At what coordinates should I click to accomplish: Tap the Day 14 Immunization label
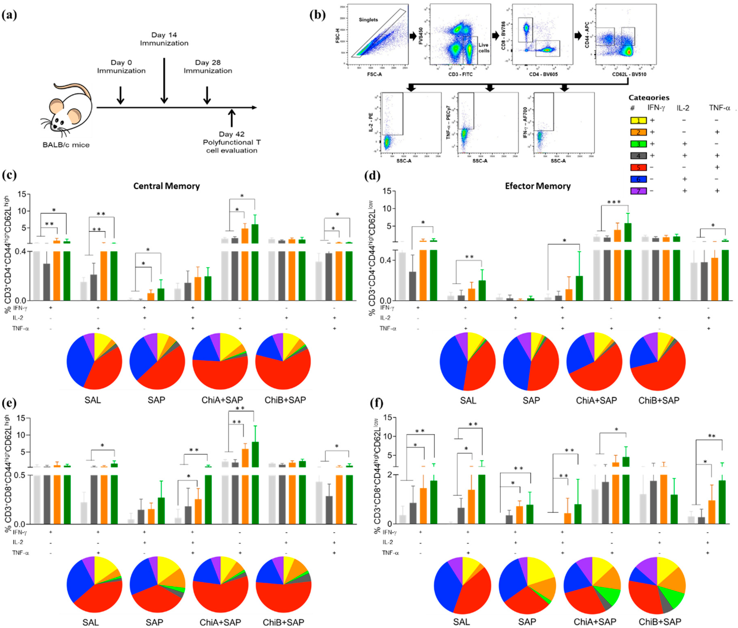click(x=164, y=39)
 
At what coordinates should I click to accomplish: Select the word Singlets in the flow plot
click(x=368, y=20)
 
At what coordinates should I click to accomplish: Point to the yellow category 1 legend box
click(x=638, y=120)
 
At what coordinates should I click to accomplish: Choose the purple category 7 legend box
click(x=638, y=191)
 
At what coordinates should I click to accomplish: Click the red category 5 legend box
click(x=638, y=167)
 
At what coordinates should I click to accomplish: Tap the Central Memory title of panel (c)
click(x=166, y=186)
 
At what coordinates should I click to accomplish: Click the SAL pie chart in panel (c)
click(x=94, y=361)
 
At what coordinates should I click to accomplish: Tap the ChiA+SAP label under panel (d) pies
click(x=596, y=401)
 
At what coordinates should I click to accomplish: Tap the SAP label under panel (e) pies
click(x=154, y=622)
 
